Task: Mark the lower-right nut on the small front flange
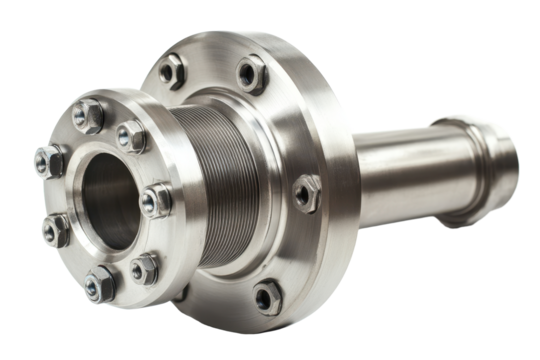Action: pos(146,266)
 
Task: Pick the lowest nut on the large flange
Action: pos(267,294)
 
